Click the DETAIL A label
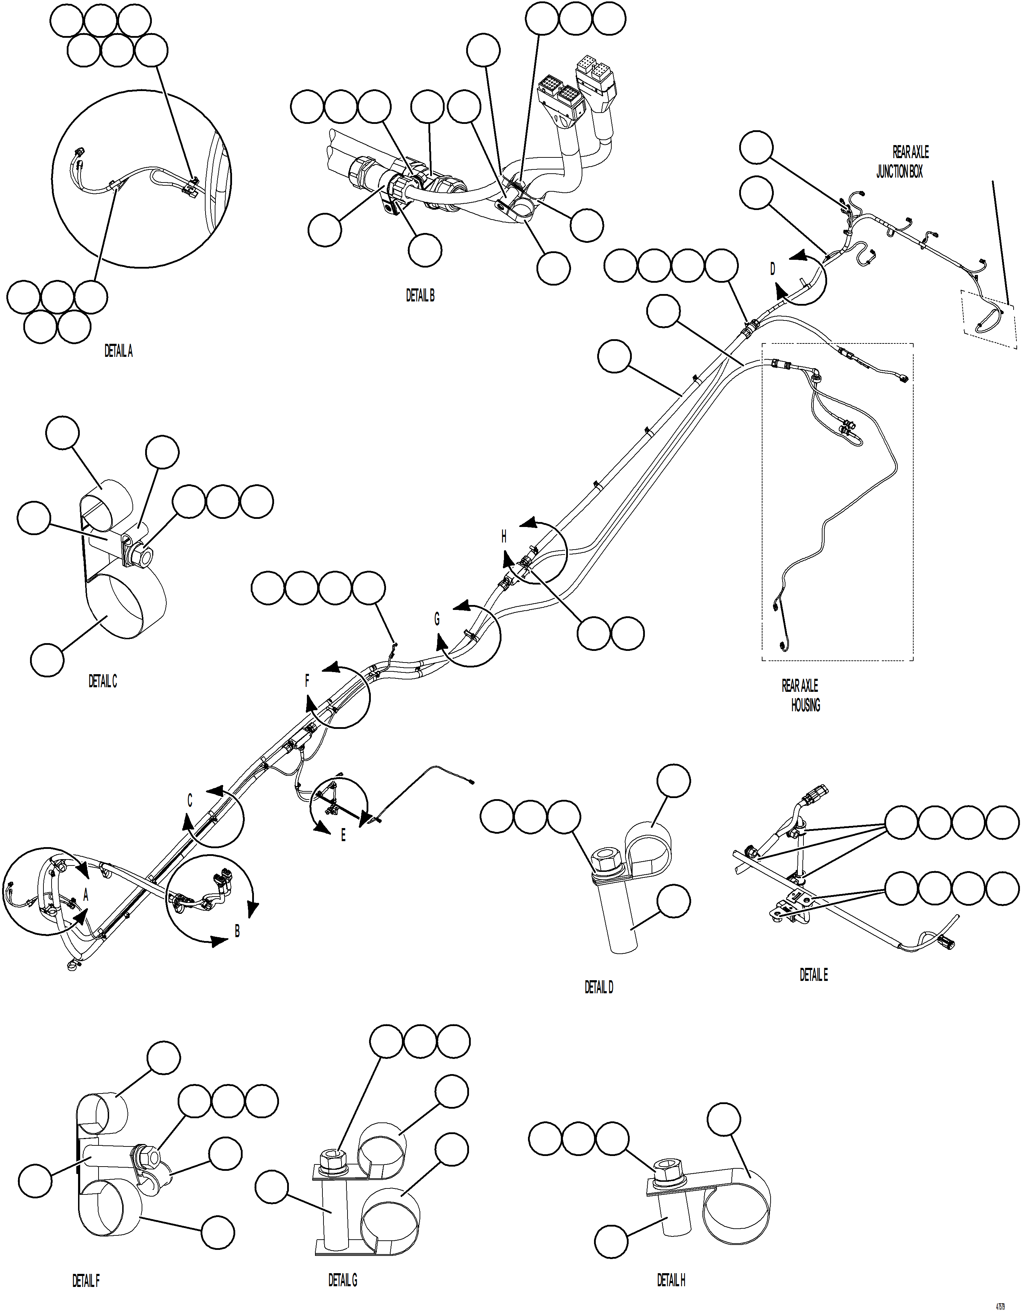coord(118,352)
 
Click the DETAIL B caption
coord(420,295)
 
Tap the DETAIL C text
coord(103,681)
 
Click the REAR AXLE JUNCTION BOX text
coord(901,162)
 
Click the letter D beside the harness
coord(773,269)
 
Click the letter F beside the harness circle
coord(307,681)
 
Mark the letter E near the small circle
coord(343,835)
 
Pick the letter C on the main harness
coord(190,800)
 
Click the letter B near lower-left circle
coord(237,931)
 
